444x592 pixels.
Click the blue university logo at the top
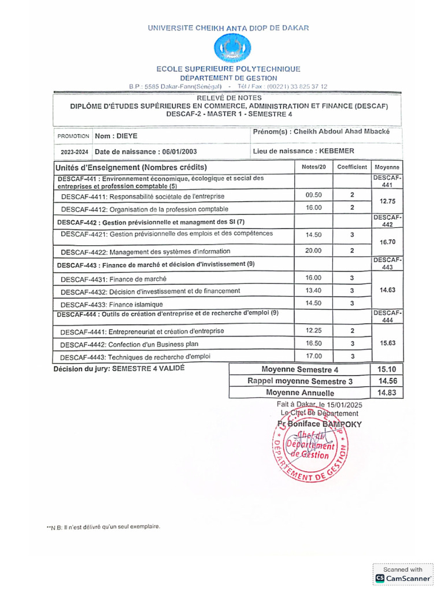[232, 49]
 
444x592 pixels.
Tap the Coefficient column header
[352, 167]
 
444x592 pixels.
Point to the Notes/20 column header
[314, 167]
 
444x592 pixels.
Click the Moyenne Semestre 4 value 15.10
[386, 369]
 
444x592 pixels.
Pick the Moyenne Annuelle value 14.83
[386, 393]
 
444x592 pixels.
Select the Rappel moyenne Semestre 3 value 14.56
[386, 381]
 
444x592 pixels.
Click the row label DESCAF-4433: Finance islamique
[112, 305]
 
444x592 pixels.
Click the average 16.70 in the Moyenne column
[387, 242]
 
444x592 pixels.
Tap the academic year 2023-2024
[73, 153]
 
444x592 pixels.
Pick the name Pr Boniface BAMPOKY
[319, 424]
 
